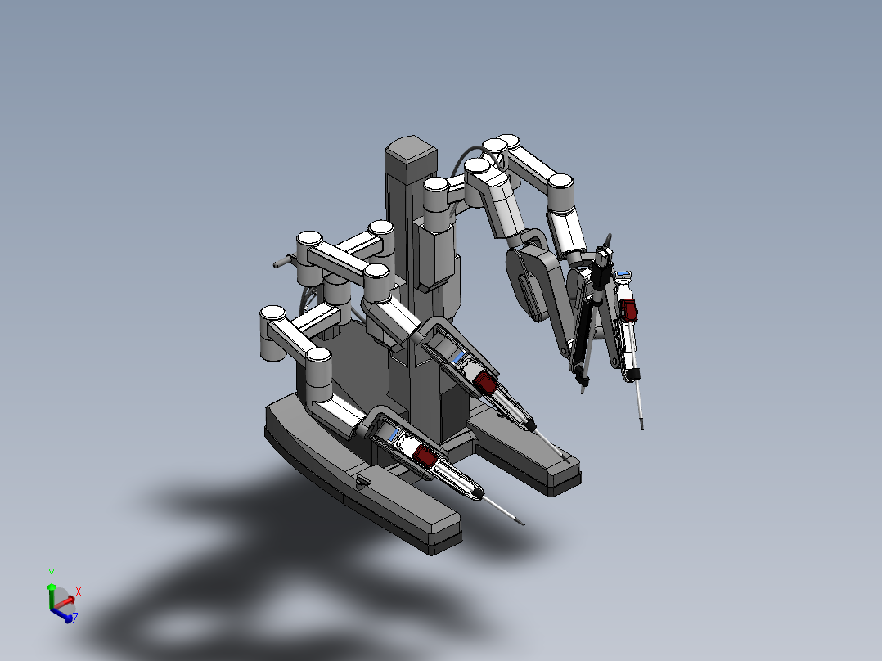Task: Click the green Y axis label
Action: (51, 573)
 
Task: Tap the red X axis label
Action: (79, 591)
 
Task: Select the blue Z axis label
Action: (74, 618)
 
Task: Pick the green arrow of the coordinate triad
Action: (51, 592)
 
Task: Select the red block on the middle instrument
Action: (485, 381)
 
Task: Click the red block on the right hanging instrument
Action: (629, 308)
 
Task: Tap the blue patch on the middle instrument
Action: (457, 357)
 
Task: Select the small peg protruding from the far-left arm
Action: (278, 263)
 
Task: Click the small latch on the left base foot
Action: (361, 482)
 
